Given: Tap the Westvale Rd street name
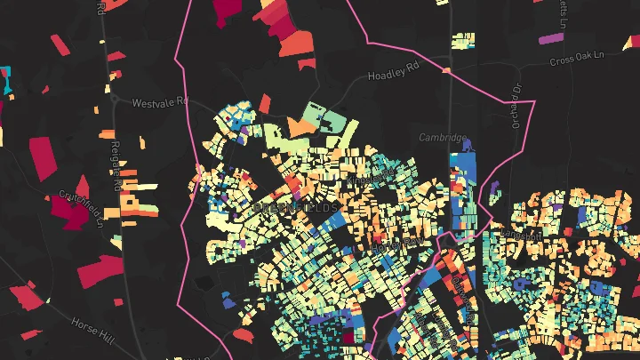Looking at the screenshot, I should [161, 103].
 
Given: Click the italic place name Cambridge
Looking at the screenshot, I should [443, 138].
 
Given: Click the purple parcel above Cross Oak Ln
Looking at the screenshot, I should [551, 39].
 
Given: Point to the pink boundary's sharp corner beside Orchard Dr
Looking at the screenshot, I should [534, 102].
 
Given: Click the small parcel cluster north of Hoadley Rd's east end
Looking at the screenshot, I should [462, 41].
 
